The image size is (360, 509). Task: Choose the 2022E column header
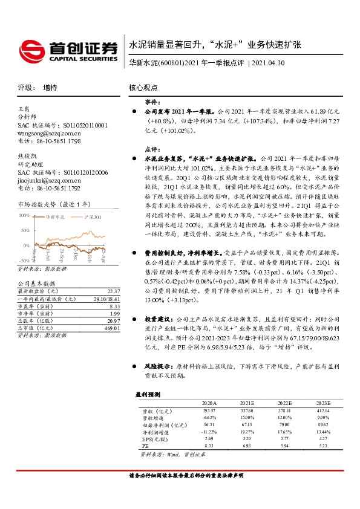(x=284, y=402)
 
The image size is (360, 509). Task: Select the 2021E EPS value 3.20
(x=246, y=438)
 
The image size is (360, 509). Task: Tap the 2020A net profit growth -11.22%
(x=208, y=431)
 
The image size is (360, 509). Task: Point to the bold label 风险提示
(x=156, y=366)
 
